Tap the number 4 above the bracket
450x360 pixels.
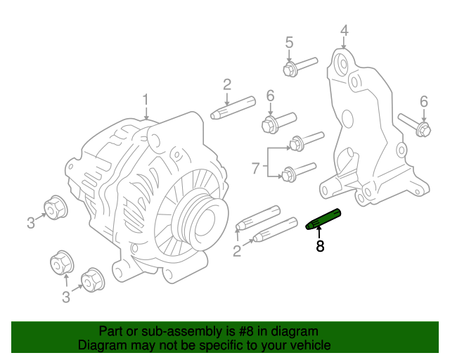pos(344,30)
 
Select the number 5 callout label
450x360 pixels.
pos(289,43)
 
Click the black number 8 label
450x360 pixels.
pos(320,246)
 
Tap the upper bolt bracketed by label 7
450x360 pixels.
pos(304,141)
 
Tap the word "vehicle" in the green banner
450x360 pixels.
pos(310,345)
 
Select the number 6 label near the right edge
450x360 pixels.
pos(423,102)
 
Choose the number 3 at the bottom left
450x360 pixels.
pos(65,297)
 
